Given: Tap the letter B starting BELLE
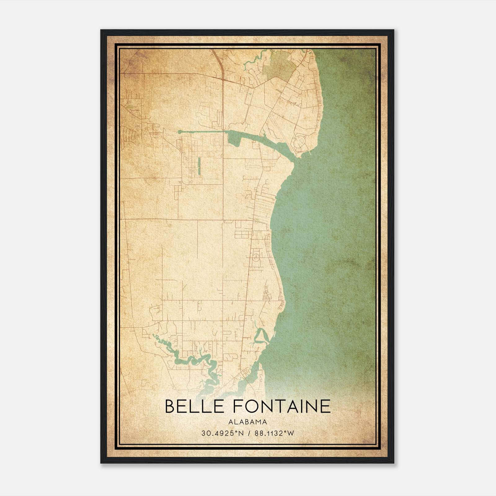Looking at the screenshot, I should (170, 406).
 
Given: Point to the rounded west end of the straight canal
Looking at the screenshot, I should (180, 132).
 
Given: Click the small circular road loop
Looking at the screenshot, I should (256, 257).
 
